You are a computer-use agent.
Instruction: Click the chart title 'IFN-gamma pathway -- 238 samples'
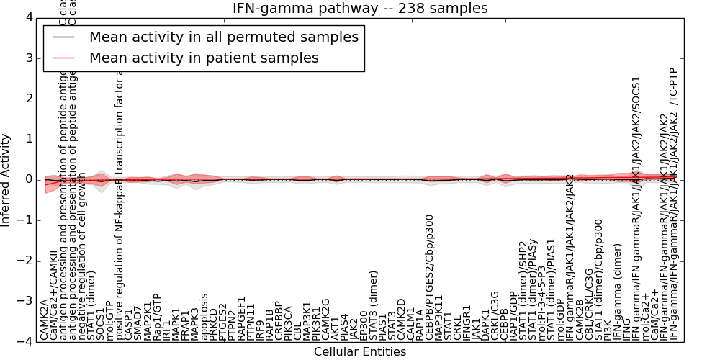(x=360, y=9)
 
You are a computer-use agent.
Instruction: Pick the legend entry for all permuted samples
(x=223, y=37)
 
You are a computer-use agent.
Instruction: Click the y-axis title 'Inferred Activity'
(x=6, y=180)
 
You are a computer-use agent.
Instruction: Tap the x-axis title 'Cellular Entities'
(x=360, y=352)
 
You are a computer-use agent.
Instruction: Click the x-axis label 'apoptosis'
(x=204, y=316)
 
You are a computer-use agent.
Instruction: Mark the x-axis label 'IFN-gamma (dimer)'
(x=616, y=297)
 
